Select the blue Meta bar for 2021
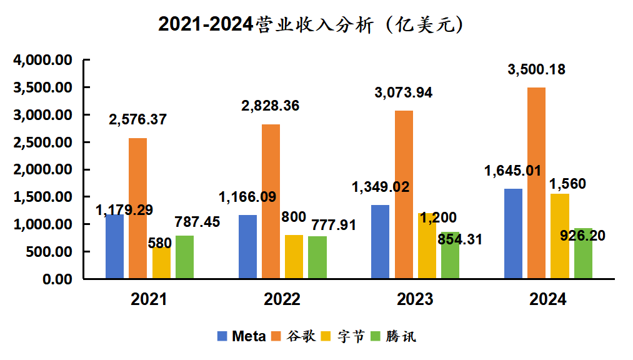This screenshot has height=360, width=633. (x=114, y=247)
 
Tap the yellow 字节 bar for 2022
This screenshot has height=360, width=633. (x=294, y=256)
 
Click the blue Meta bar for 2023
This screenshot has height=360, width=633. (x=380, y=241)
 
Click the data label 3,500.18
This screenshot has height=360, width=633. (x=537, y=70)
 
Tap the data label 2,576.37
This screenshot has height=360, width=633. (x=137, y=119)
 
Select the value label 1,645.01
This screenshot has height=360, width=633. (x=512, y=170)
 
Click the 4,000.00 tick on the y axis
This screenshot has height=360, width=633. (x=43, y=61)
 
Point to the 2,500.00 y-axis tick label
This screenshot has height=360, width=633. (x=43, y=142)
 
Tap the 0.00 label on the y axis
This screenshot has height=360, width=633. (x=57, y=279)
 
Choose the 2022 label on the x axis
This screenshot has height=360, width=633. (x=282, y=299)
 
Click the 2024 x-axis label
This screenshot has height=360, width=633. (x=548, y=299)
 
